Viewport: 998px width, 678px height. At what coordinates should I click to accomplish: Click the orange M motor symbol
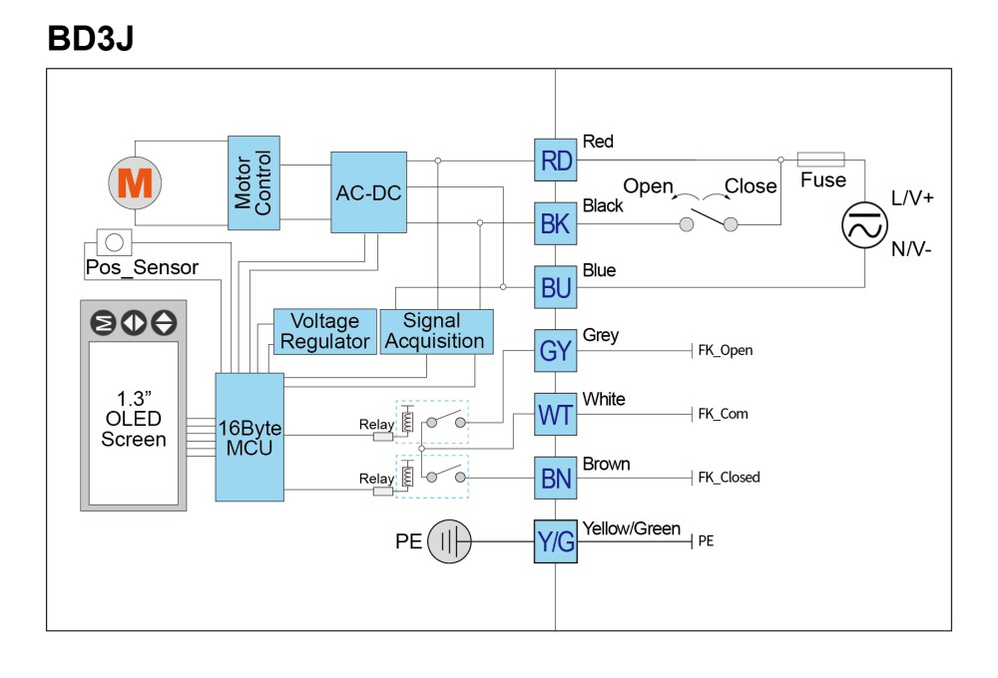point(135,183)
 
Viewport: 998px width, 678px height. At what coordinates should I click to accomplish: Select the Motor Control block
point(253,182)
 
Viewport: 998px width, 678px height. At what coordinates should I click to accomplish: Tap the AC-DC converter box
point(368,192)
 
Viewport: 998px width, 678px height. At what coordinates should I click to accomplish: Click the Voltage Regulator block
point(324,331)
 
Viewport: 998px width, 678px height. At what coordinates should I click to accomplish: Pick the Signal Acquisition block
point(436,331)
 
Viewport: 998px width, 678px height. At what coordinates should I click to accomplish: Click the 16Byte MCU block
point(249,437)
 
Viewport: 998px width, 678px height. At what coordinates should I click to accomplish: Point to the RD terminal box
point(555,161)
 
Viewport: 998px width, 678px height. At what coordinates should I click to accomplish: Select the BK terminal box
point(555,224)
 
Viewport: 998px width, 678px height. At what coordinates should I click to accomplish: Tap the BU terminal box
point(555,287)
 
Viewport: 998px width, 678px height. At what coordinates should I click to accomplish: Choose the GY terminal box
point(555,350)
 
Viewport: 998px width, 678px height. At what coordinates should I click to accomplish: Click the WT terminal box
point(555,415)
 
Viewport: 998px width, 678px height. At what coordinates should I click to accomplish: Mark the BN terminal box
point(555,479)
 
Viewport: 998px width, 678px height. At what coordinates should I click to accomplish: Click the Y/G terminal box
point(555,541)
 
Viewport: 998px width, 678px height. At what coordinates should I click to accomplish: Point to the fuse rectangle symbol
point(821,160)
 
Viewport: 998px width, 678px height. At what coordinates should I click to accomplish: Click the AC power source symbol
point(864,225)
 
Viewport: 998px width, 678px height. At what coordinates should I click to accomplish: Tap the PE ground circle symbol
point(449,541)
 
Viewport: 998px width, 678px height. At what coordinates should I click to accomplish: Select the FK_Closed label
point(729,477)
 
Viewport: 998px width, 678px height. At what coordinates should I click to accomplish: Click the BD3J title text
point(91,38)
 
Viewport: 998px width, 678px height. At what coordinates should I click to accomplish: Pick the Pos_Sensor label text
point(142,268)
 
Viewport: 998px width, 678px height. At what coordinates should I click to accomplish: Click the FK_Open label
point(725,350)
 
